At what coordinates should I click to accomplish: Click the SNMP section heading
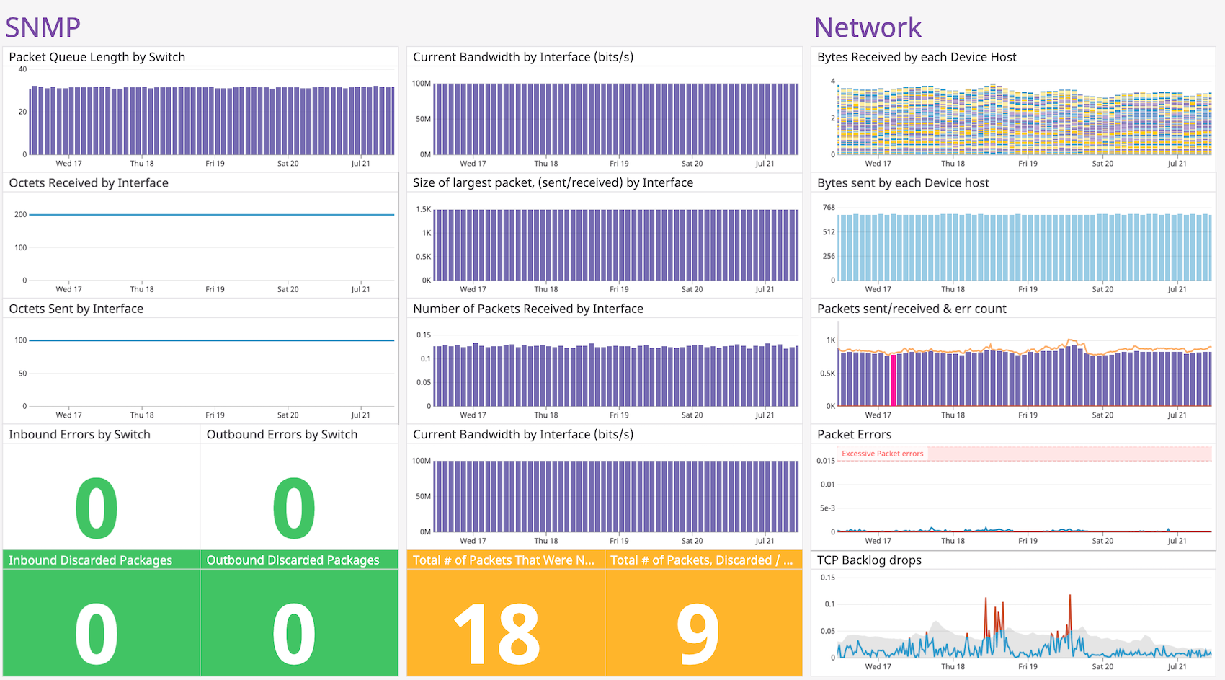click(43, 27)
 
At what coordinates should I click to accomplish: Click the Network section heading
click(867, 27)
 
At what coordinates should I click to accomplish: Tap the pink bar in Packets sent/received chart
click(894, 380)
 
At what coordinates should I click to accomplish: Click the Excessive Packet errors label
click(882, 454)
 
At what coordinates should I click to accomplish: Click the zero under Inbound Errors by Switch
click(97, 508)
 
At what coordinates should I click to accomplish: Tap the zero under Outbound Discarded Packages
click(294, 633)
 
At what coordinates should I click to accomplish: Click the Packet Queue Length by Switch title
click(97, 57)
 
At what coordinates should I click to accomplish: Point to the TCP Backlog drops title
click(869, 560)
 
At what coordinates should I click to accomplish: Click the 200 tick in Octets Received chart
click(20, 214)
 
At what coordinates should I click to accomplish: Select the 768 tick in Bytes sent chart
click(829, 207)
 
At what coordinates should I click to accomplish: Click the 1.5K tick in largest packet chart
click(423, 209)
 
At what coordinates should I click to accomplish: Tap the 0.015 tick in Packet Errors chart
click(826, 460)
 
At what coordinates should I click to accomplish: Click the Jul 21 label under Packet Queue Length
click(360, 164)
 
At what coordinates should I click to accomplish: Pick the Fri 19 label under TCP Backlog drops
click(1028, 666)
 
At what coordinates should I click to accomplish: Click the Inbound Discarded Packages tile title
click(90, 560)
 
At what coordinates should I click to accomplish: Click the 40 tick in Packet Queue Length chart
click(22, 69)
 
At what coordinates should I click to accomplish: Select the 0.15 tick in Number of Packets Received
click(423, 335)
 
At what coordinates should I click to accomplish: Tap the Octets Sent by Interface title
click(76, 309)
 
